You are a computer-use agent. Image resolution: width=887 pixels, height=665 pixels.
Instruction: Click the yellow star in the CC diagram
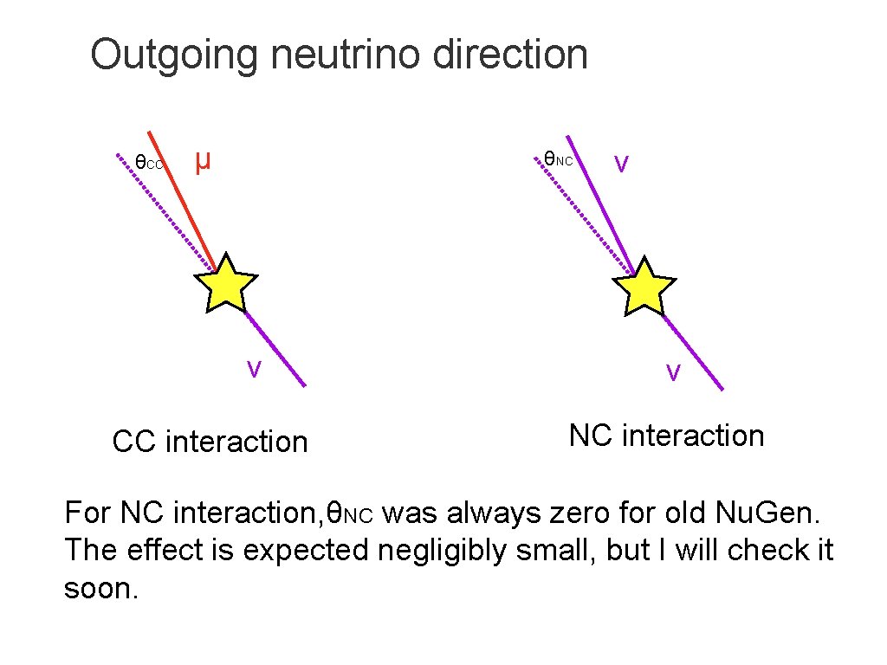pos(225,283)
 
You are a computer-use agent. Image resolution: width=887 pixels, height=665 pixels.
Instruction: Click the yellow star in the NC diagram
pos(644,286)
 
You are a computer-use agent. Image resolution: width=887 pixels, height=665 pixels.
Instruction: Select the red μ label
pos(203,160)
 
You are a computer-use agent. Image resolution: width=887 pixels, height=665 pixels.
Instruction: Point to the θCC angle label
pos(148,162)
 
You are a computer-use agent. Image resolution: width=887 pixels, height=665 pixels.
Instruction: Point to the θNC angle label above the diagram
pos(558,159)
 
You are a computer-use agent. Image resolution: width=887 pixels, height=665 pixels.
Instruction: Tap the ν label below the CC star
pos(253,369)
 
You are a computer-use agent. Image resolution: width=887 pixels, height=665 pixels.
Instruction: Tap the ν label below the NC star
pos(672,372)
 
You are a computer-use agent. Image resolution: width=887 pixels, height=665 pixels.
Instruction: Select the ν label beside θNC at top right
pos(621,163)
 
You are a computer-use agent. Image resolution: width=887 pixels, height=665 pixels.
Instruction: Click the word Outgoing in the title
pos(173,55)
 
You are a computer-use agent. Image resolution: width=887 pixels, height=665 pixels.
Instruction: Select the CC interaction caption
pos(210,442)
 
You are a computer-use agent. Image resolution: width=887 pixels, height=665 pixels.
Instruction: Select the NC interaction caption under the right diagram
pos(666,436)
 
